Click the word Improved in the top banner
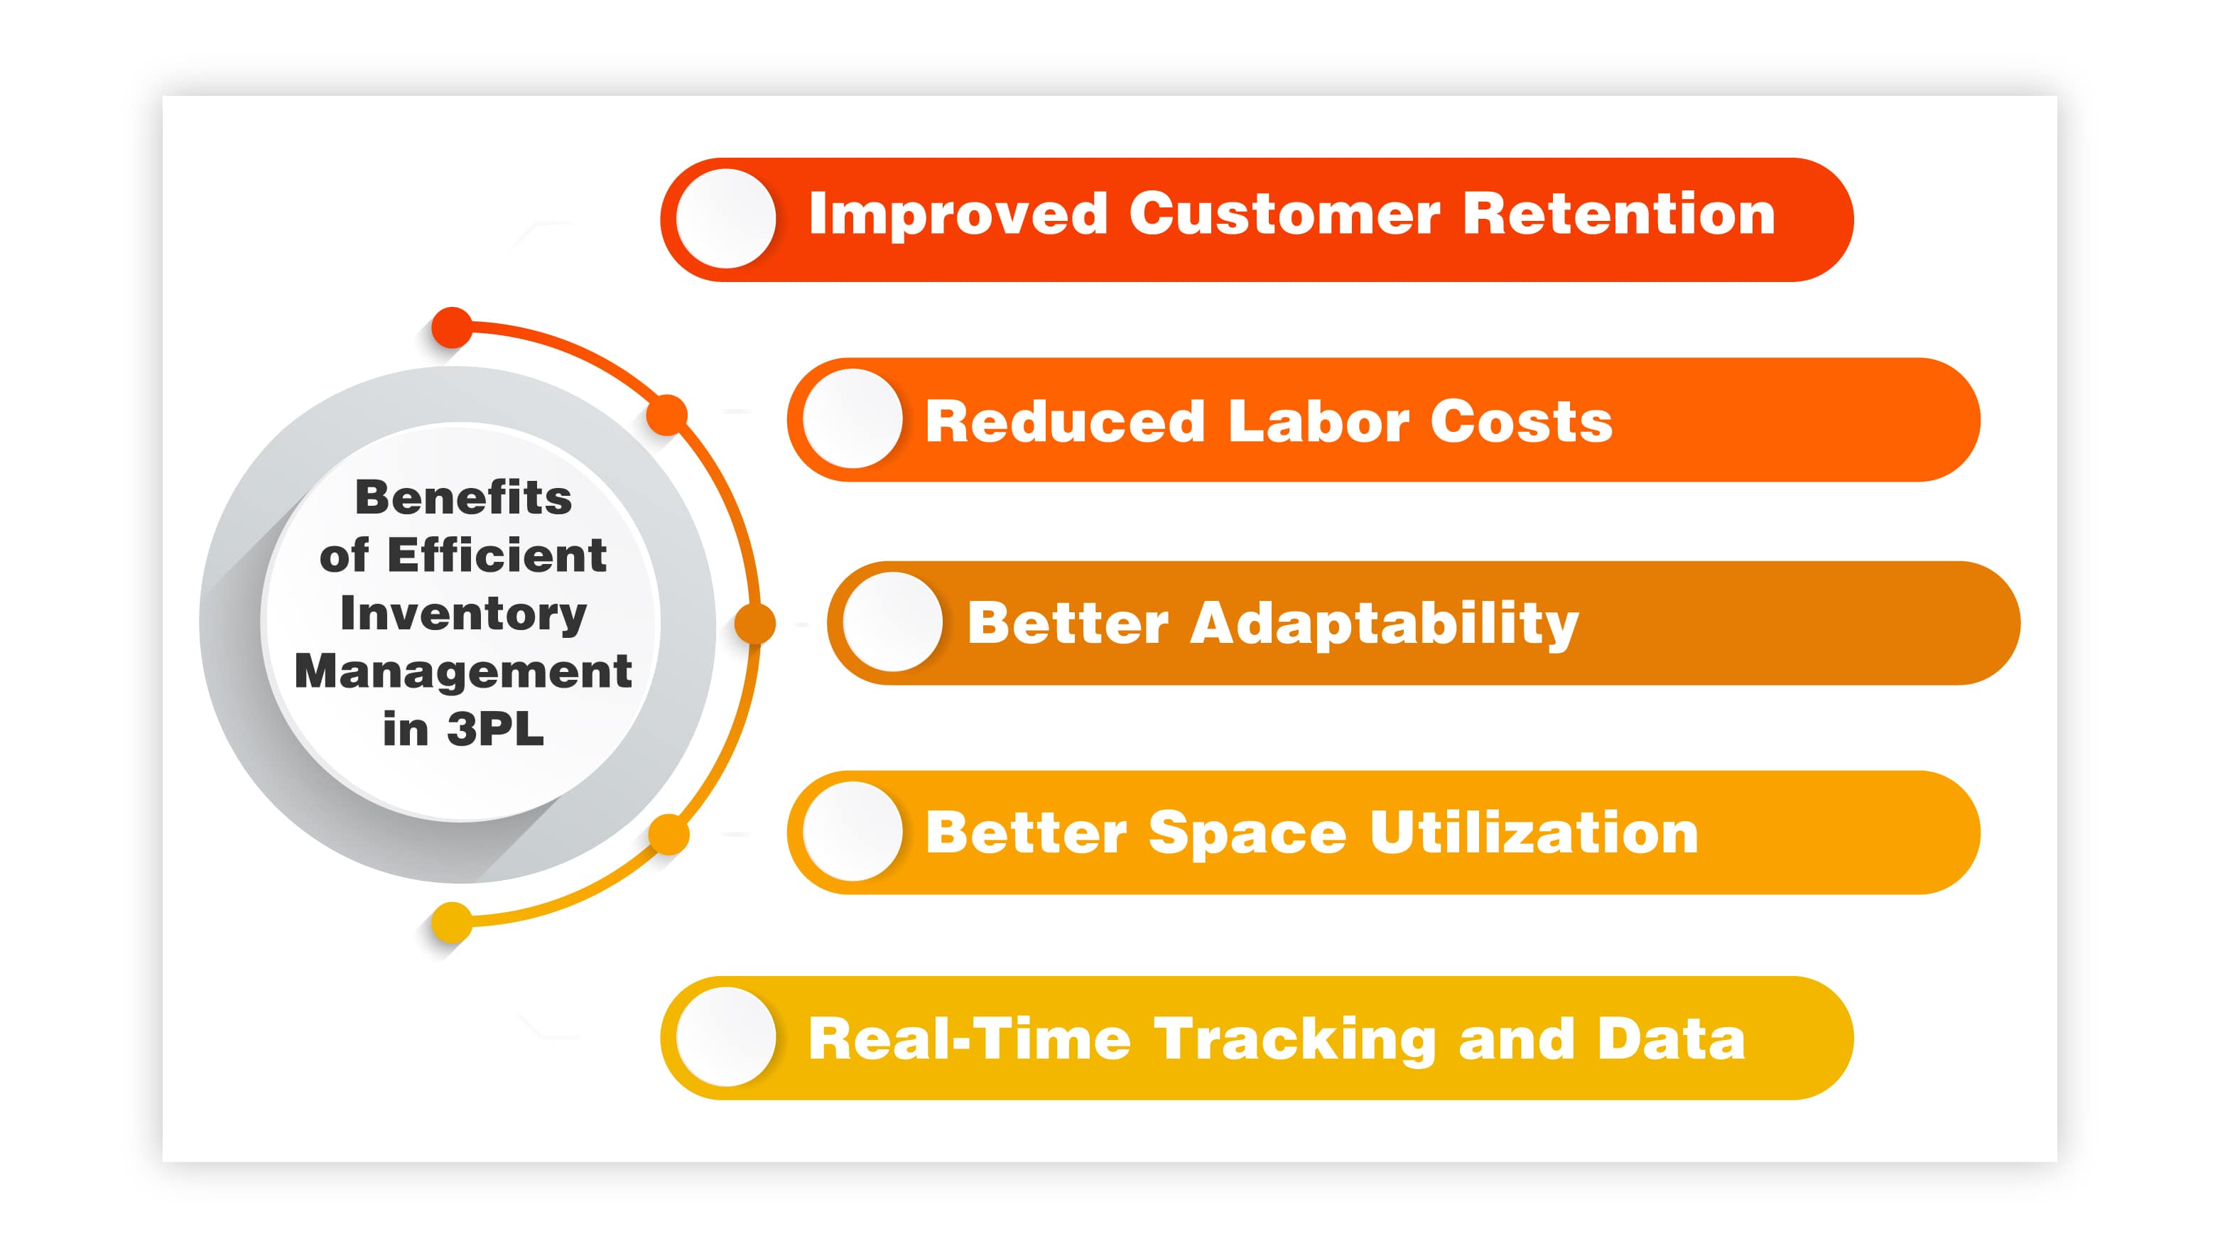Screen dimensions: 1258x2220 (x=957, y=215)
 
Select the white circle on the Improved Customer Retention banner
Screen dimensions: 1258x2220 (x=725, y=219)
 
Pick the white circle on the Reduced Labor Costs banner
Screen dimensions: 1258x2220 (x=852, y=419)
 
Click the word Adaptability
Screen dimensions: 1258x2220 (x=1384, y=624)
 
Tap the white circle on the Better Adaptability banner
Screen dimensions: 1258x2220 (x=892, y=622)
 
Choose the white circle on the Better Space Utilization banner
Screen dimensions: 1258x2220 (x=852, y=831)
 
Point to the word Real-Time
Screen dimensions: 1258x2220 (x=968, y=1039)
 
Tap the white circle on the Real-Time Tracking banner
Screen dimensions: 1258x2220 (x=725, y=1037)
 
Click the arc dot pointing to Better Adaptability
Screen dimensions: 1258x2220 (x=755, y=624)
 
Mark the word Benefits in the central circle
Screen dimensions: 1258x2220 (x=463, y=498)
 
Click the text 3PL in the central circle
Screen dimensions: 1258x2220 (x=495, y=730)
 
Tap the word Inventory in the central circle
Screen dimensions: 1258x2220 (x=463, y=614)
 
